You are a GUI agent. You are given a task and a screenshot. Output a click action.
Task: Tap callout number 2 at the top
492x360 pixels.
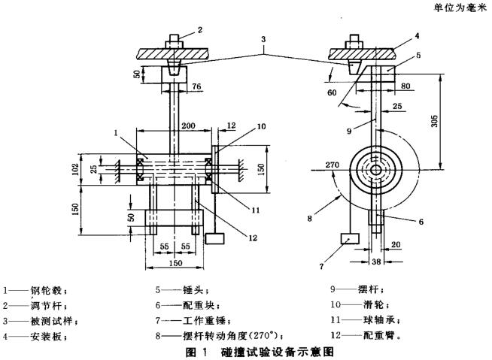[x=200, y=32]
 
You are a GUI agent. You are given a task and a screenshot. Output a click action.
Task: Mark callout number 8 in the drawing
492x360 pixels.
[x=310, y=220]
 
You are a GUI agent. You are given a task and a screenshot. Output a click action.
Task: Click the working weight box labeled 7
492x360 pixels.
[x=350, y=239]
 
